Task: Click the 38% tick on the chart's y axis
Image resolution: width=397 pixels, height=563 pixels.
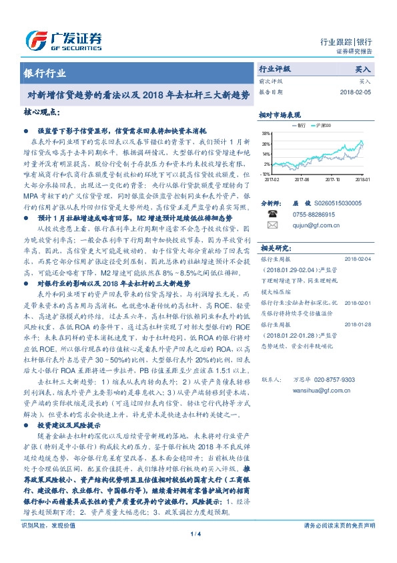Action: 266,134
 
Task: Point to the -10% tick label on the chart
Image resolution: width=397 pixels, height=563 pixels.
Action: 266,173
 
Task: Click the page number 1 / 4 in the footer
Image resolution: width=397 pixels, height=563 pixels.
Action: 195,552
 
